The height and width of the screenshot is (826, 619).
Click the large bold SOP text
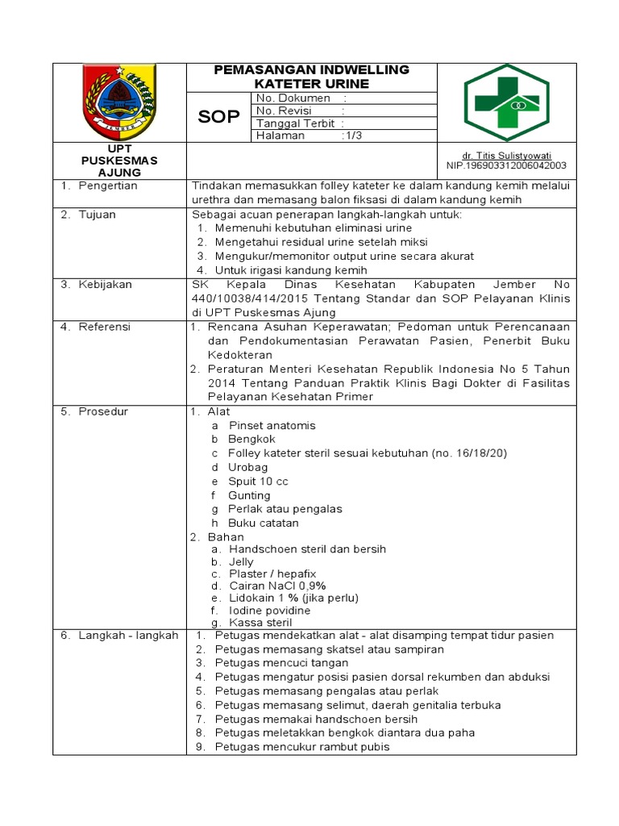click(x=219, y=117)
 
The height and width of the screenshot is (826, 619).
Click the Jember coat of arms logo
click(x=120, y=102)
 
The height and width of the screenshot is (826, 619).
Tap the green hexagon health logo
click(x=506, y=102)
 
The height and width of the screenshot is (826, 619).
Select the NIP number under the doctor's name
click(x=506, y=166)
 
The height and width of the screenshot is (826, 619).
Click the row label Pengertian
click(x=108, y=186)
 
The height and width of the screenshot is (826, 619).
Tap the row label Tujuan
click(x=97, y=215)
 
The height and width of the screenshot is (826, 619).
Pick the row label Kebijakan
click(x=105, y=285)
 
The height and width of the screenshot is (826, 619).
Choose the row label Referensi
click(x=104, y=327)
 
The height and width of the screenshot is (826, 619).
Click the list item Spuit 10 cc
click(x=258, y=482)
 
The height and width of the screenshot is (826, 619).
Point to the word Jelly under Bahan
click(x=241, y=561)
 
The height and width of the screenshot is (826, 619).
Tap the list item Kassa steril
click(x=260, y=622)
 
